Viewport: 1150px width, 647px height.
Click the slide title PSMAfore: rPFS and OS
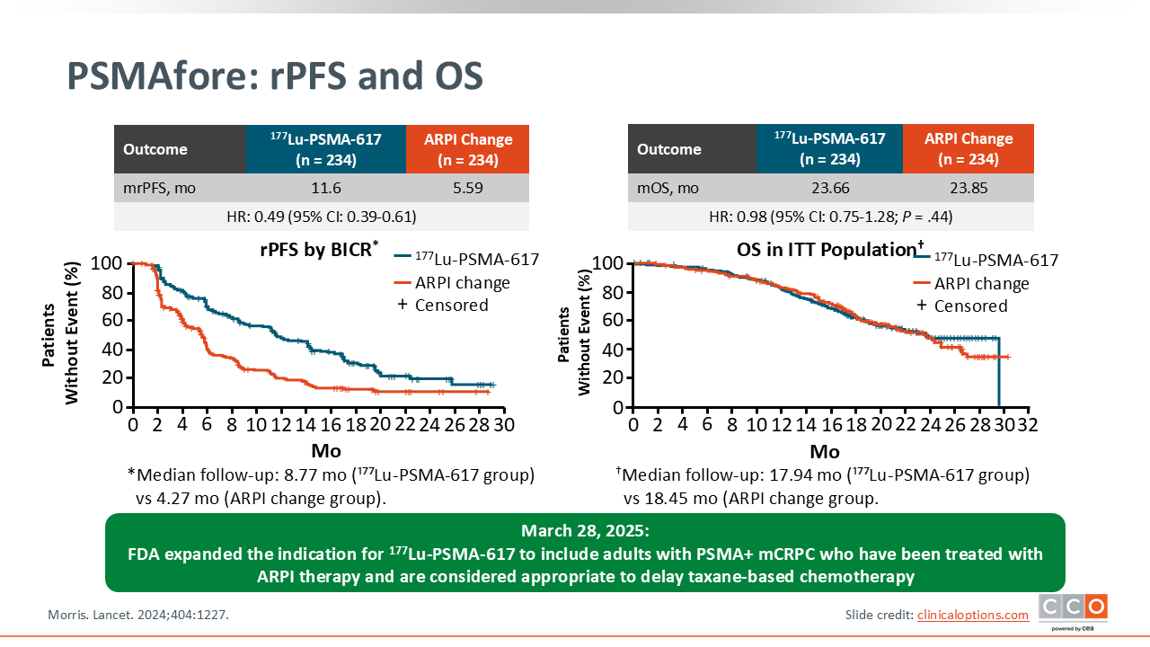pyautogui.click(x=275, y=76)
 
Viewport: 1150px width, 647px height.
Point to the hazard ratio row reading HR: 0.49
pyautogui.click(x=321, y=217)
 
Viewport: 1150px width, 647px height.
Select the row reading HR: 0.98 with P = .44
pyautogui.click(x=830, y=217)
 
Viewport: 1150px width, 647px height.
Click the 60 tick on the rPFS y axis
pyautogui.click(x=111, y=320)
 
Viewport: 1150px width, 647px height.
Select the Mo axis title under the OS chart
pyautogui.click(x=825, y=450)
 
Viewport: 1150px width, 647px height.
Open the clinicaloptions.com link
pyautogui.click(x=972, y=615)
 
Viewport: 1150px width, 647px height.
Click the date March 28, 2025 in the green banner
pyautogui.click(x=584, y=529)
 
